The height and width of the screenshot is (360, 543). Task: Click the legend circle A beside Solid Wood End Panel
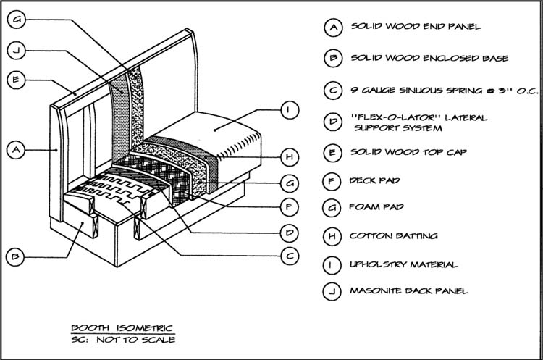[332, 28]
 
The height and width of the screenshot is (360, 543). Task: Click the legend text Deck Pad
[376, 179]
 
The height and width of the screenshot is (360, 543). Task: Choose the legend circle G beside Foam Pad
[332, 208]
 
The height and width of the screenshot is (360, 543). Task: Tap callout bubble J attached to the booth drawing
[17, 50]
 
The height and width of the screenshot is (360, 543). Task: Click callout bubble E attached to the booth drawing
[17, 80]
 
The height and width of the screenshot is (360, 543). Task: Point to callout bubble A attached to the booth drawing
[17, 150]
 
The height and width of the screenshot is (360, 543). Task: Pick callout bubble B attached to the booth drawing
[17, 256]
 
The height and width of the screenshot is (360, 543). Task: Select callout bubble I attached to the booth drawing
[289, 110]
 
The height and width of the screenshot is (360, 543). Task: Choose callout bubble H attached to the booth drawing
[289, 156]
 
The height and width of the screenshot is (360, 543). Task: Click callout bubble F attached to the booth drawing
[289, 206]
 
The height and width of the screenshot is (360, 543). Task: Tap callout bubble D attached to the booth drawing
[289, 232]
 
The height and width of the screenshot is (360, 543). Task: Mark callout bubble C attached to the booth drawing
[289, 255]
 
